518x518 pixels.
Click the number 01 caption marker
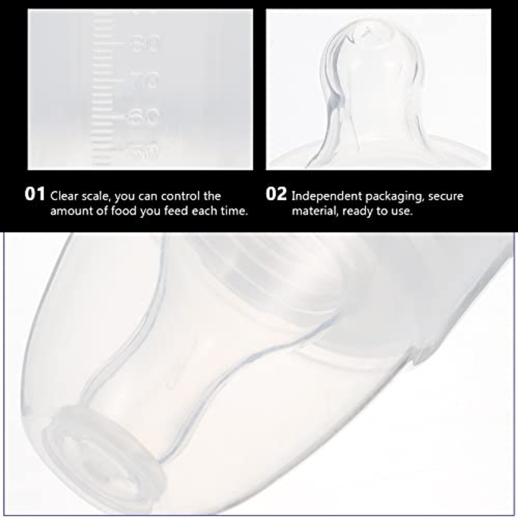35,194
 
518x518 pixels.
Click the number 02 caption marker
276,194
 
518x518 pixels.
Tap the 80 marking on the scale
145,44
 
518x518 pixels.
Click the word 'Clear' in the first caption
64,196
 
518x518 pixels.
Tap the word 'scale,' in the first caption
96,196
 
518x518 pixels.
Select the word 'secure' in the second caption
447,196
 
